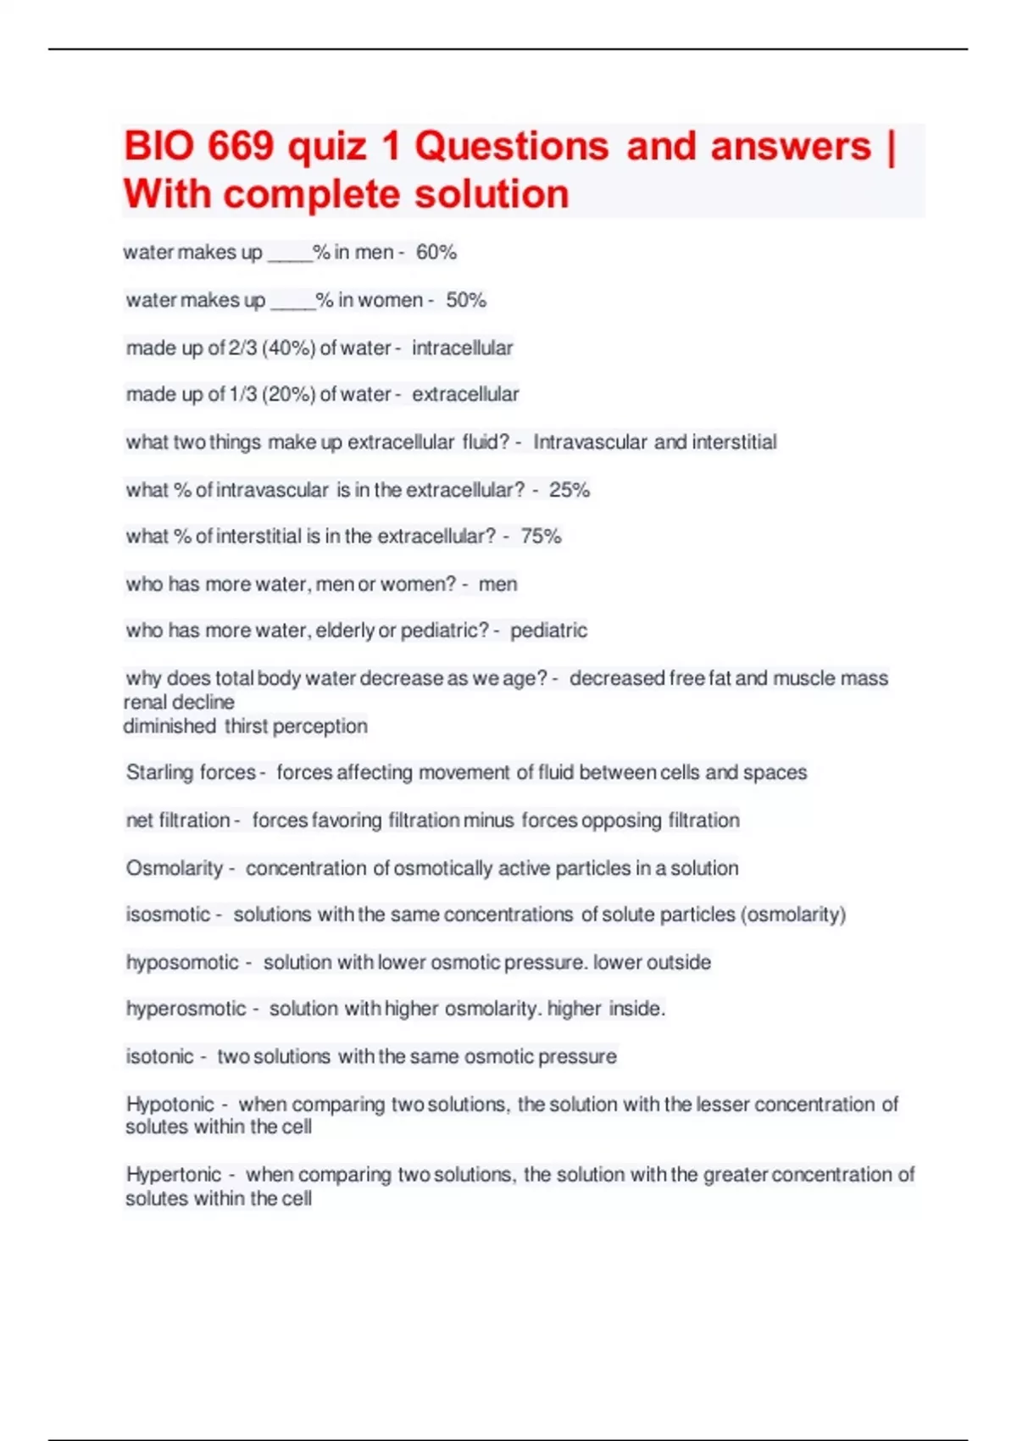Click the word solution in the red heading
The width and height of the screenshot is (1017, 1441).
click(492, 194)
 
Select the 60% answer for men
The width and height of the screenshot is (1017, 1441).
click(436, 253)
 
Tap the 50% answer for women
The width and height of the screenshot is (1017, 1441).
click(466, 300)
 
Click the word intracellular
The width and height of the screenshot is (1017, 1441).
click(463, 348)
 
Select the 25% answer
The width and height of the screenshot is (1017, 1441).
click(570, 490)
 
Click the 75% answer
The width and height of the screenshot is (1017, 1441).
click(542, 537)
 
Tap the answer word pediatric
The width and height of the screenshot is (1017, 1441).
click(548, 631)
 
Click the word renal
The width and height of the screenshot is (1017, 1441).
click(145, 703)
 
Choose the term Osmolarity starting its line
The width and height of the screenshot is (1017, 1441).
click(174, 869)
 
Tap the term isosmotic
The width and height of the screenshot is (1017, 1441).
click(168, 915)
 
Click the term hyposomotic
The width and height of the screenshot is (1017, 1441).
click(182, 963)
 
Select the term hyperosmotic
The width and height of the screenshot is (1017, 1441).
click(186, 1009)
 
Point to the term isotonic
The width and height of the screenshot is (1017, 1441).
click(160, 1057)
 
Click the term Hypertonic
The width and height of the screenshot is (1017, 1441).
click(174, 1175)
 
